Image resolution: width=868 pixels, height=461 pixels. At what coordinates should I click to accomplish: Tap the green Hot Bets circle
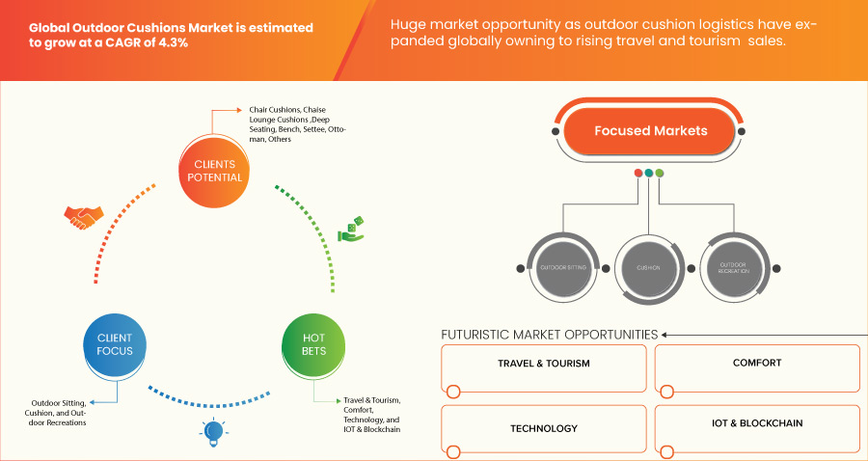pyautogui.click(x=313, y=344)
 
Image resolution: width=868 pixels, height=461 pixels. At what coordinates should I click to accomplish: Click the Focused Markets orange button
pyautogui.click(x=650, y=131)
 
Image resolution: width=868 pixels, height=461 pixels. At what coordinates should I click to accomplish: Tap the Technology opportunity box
pyautogui.click(x=543, y=427)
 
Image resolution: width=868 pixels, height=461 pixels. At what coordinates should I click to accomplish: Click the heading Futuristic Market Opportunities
pyautogui.click(x=549, y=335)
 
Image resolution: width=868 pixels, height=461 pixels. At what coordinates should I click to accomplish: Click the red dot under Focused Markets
pyautogui.click(x=638, y=173)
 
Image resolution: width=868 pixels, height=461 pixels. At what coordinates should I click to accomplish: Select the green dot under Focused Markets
pyautogui.click(x=660, y=173)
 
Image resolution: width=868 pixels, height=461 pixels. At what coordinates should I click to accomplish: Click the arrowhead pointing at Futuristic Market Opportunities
pyautogui.click(x=665, y=335)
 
